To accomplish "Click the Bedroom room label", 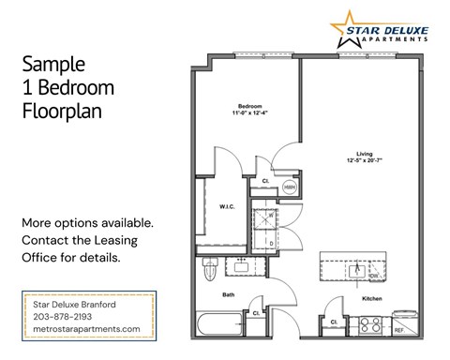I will [x=249, y=105].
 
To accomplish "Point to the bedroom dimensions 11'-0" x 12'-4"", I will [x=249, y=113].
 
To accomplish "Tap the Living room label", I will [x=365, y=154].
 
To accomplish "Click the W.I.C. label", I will [x=227, y=206].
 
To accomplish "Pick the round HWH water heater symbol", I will [x=291, y=187].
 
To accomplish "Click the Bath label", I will [x=228, y=293].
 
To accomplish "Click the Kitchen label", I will [x=373, y=298].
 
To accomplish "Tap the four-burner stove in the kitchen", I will [x=369, y=327].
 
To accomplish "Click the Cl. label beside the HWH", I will [x=266, y=180].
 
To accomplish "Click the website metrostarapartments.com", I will [x=86, y=329].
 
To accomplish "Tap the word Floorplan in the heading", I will [x=60, y=111].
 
